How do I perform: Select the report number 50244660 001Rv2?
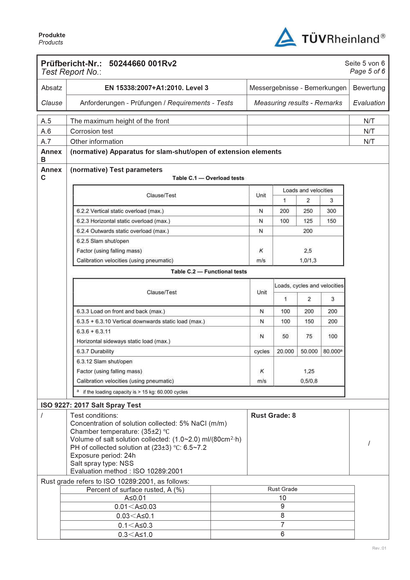click(x=143, y=63)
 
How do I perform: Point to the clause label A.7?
click(x=46, y=141)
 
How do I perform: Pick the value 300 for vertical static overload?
click(x=331, y=211)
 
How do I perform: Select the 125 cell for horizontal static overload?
click(x=308, y=221)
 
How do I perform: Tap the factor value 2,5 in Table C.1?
click(x=308, y=251)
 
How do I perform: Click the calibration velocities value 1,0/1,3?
click(x=308, y=260)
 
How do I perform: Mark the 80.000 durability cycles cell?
click(x=332, y=351)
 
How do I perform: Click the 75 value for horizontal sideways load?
click(x=309, y=336)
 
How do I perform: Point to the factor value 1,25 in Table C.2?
click(x=309, y=371)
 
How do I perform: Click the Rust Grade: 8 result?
click(x=273, y=416)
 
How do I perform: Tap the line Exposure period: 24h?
click(x=103, y=455)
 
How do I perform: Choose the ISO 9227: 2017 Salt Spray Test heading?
click(x=91, y=405)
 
